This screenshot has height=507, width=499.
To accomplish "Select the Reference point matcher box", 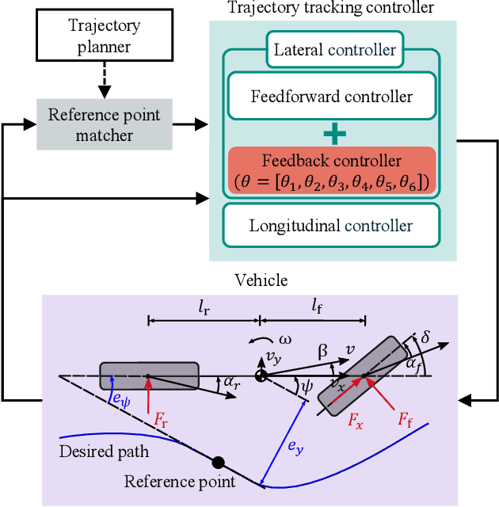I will (x=105, y=125).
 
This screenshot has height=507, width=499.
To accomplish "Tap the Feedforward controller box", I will (x=331, y=97).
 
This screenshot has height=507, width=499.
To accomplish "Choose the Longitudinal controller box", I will (x=331, y=225).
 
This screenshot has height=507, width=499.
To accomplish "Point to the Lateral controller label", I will (x=334, y=49).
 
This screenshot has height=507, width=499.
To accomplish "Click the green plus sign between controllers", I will (x=331, y=133).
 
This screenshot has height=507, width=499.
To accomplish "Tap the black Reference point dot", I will (x=218, y=462).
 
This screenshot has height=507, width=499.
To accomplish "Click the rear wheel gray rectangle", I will (x=149, y=375).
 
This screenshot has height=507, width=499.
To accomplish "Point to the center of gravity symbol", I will (x=260, y=376).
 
